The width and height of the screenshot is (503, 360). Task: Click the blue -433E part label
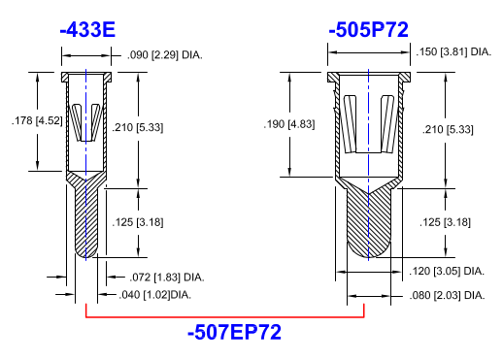[87, 30]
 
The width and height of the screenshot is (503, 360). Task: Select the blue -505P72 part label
[368, 30]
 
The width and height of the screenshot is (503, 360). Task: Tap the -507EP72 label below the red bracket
[234, 332]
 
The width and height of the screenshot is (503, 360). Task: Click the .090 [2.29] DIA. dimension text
[165, 55]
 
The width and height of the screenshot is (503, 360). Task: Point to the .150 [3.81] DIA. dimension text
[453, 51]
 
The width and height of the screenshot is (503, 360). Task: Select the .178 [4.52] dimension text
[37, 120]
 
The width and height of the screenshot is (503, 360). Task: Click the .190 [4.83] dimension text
[289, 124]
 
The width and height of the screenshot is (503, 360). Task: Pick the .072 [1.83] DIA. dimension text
[167, 278]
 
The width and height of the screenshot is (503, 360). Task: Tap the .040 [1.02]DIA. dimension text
[155, 295]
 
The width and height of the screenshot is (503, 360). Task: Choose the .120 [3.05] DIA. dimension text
[447, 271]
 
